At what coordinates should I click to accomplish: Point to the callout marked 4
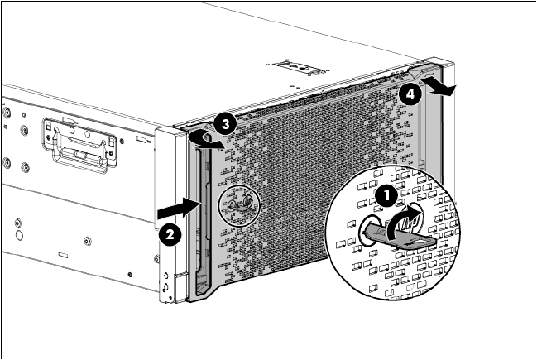pyautogui.click(x=407, y=94)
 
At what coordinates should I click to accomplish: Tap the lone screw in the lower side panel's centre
pyautogui.click(x=88, y=242)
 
